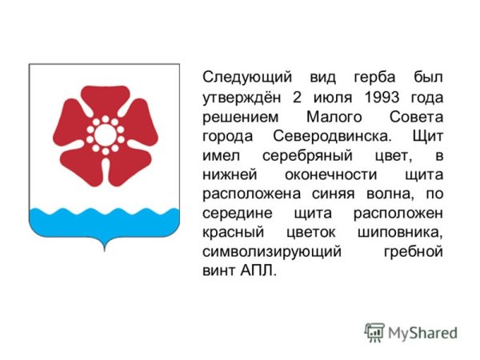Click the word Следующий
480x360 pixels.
(247, 78)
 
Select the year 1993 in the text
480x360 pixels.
(382, 98)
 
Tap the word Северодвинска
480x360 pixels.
(332, 136)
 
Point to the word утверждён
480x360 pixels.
(242, 98)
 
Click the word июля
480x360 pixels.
(333, 98)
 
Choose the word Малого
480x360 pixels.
(334, 117)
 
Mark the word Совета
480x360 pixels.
(416, 117)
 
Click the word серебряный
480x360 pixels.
(307, 156)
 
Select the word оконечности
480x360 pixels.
(330, 174)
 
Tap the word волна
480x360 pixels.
(390, 194)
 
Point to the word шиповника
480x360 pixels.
(400, 234)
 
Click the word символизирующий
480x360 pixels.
(272, 252)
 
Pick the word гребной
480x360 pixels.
(414, 252)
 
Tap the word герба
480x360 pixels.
(374, 78)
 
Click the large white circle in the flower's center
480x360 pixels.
(105, 134)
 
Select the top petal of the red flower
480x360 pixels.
(106, 100)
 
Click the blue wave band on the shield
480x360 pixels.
(104, 222)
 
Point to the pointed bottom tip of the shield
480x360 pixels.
(105, 250)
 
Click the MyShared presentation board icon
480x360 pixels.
(374, 333)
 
